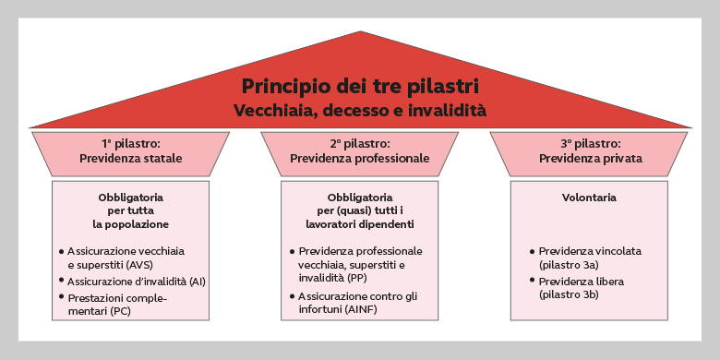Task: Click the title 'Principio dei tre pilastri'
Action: click(359, 87)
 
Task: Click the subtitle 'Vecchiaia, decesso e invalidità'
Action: click(359, 111)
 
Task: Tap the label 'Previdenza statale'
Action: click(130, 158)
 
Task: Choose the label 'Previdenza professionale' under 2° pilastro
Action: click(359, 158)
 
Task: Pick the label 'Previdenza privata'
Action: click(590, 158)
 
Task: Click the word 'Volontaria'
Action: click(589, 198)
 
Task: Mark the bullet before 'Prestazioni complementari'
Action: click(61, 298)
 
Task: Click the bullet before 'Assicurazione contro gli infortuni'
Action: click(292, 296)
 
